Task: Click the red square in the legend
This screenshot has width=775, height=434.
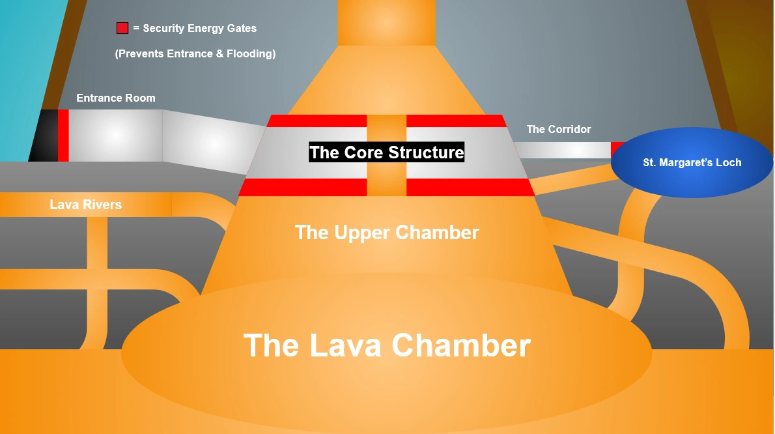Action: tap(122, 28)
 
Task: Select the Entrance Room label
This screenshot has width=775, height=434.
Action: tap(116, 98)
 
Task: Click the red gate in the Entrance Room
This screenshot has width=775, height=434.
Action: tap(63, 136)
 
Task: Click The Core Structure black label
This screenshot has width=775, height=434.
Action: tap(387, 152)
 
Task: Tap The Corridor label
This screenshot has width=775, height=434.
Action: tap(559, 129)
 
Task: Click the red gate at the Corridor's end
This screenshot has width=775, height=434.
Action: tap(617, 149)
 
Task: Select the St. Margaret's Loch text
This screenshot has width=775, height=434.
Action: tap(692, 163)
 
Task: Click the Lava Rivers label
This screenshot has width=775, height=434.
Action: tap(85, 205)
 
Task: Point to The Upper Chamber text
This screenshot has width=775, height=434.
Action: tap(387, 233)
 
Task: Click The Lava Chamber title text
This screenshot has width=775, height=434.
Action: tap(387, 345)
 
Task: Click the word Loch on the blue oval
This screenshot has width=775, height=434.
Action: tap(728, 163)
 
